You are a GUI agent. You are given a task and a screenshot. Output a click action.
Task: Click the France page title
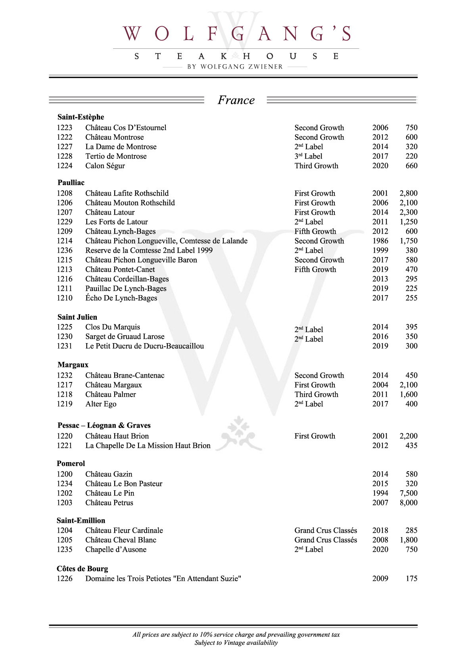(236, 100)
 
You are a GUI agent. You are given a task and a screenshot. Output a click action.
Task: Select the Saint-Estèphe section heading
(81, 117)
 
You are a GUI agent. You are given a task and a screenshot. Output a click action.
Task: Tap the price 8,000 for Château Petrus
(408, 503)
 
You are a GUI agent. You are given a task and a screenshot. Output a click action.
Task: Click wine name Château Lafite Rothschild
(127, 193)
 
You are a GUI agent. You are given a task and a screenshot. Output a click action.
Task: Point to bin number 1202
(65, 493)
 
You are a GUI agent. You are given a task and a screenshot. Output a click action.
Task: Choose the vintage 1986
(380, 241)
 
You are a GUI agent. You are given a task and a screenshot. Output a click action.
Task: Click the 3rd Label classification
(308, 156)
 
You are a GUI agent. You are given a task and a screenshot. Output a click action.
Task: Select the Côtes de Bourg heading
(82, 568)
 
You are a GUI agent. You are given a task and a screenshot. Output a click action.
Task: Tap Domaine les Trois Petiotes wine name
(163, 578)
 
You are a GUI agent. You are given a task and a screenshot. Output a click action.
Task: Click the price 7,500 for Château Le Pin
(408, 493)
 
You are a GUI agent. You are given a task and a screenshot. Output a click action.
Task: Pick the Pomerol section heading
(71, 463)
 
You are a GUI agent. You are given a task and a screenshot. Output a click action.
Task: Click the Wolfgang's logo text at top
(236, 34)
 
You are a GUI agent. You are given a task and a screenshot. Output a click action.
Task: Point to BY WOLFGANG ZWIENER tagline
(235, 67)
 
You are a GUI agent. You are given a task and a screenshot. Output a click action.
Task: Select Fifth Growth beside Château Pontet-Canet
(315, 269)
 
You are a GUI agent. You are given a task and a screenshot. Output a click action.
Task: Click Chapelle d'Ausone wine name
(116, 549)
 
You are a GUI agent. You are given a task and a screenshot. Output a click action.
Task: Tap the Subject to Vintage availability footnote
(236, 643)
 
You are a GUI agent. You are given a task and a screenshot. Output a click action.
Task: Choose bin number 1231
(65, 346)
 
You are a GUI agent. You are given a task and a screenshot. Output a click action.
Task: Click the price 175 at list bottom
(411, 578)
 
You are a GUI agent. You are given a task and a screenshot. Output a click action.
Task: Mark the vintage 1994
(380, 493)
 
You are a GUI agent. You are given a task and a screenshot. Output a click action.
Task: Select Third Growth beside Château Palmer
(316, 394)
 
